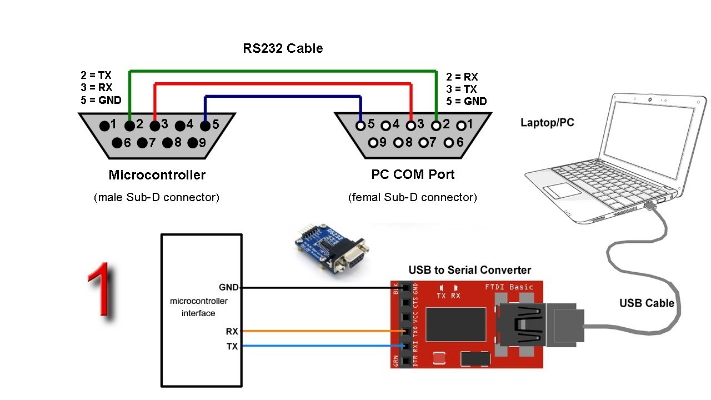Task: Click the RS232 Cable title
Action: [x=283, y=48]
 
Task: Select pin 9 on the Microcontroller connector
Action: [x=193, y=143]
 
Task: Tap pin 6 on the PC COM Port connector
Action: [x=449, y=143]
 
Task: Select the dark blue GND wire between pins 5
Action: [x=283, y=96]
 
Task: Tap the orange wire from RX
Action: [x=322, y=331]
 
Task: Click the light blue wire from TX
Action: [x=322, y=346]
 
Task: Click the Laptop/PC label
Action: [x=547, y=123]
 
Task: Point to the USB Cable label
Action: [x=647, y=303]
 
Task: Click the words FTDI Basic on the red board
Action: [x=509, y=287]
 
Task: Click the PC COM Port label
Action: [x=413, y=174]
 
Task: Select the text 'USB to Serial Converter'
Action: [x=469, y=271]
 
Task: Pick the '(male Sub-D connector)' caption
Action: [x=157, y=197]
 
